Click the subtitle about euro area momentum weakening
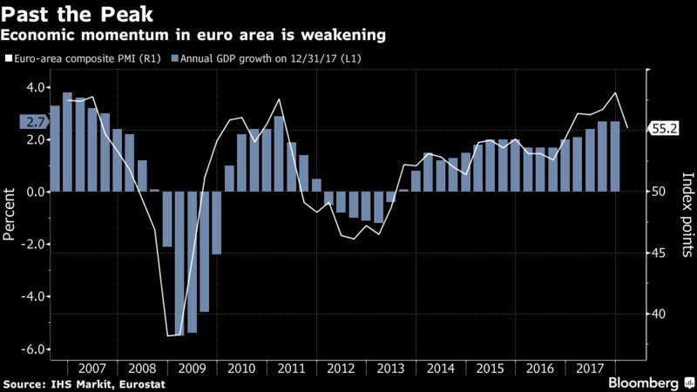pos(194,36)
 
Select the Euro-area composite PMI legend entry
pos(85,58)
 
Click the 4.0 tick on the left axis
pos(37,87)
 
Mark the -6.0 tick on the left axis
pos(35,348)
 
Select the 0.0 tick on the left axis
pos(37,192)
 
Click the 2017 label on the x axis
pos(590,368)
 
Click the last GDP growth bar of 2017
pos(615,157)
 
